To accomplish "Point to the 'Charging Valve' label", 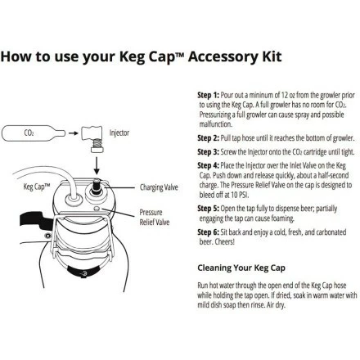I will click(159, 187).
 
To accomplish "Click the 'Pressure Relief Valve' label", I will click(155, 217).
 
